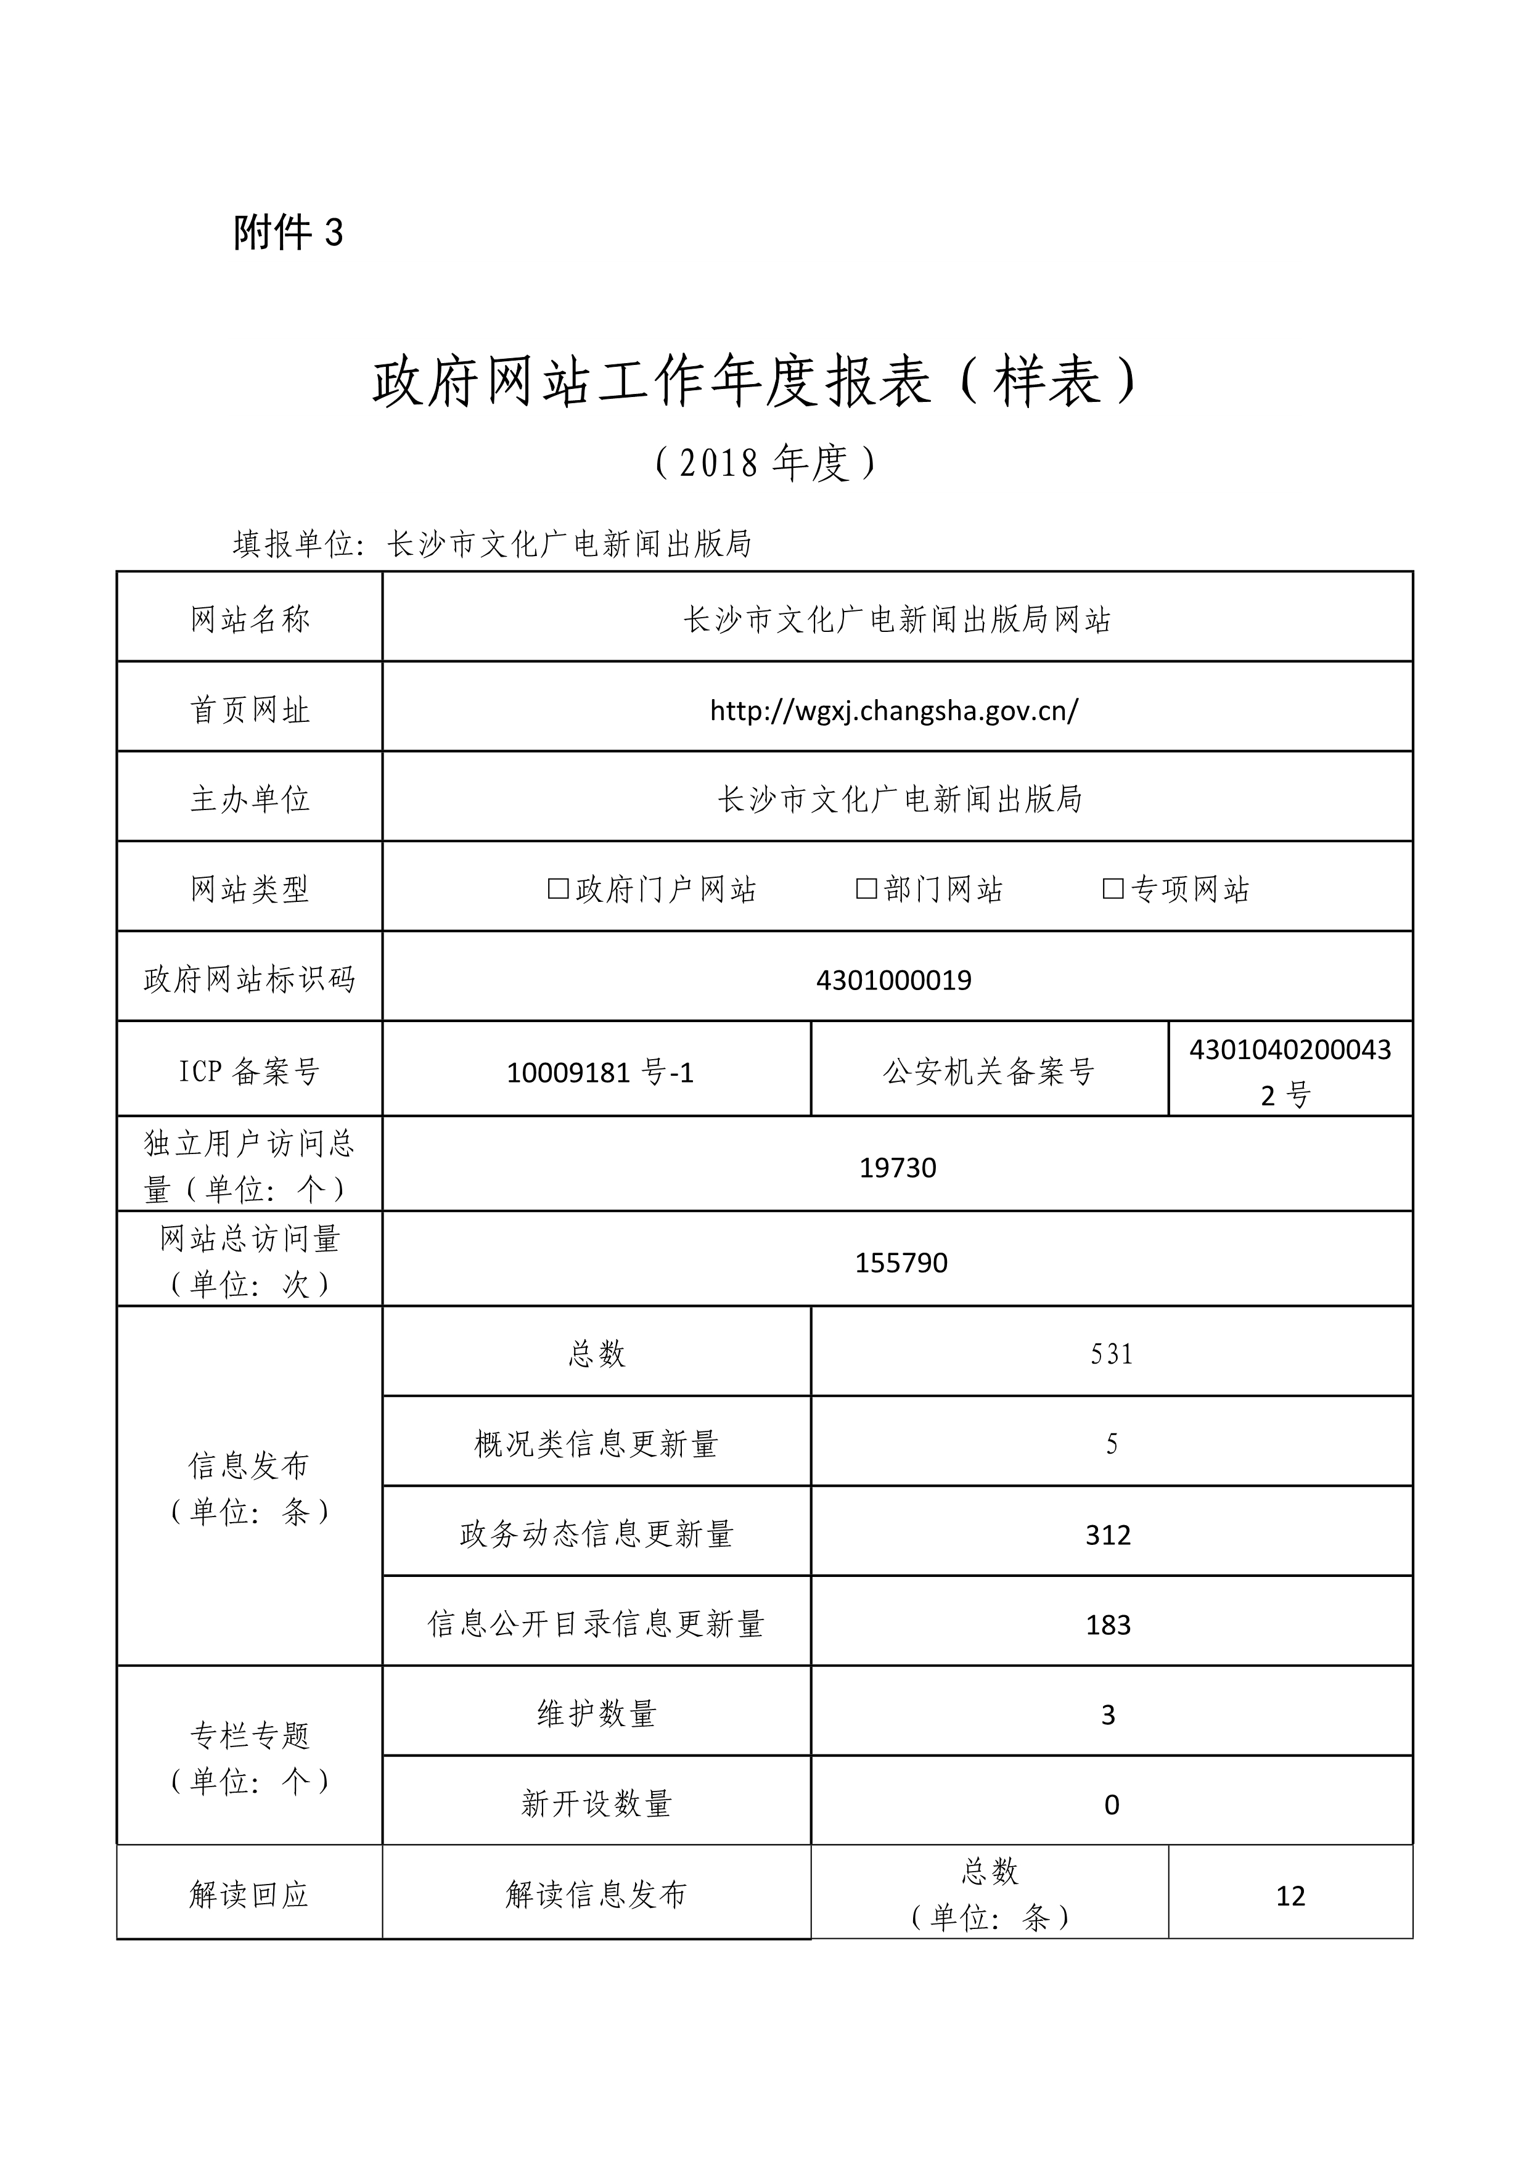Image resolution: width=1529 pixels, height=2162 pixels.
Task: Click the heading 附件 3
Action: click(x=288, y=232)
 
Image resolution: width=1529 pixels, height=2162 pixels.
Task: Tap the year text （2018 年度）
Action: click(x=764, y=462)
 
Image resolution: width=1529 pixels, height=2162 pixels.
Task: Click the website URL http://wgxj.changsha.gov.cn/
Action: click(x=893, y=710)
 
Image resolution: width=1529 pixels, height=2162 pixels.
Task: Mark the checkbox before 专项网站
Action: click(x=1113, y=888)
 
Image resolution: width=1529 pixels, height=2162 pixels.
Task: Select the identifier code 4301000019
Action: click(x=893, y=980)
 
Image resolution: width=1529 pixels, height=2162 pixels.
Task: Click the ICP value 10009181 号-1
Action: click(x=600, y=1071)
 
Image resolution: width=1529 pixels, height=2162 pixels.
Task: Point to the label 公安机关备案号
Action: click(x=988, y=1071)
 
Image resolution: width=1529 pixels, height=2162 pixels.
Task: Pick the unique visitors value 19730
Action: click(x=897, y=1168)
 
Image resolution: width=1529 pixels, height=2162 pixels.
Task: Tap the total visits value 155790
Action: click(x=901, y=1263)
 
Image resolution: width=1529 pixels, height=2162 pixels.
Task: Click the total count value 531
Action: click(x=1111, y=1354)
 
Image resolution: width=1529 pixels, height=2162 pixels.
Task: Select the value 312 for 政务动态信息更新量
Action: click(x=1108, y=1535)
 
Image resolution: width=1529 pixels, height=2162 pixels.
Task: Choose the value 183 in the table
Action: click(x=1108, y=1624)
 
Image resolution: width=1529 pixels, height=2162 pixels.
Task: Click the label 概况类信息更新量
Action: click(x=596, y=1444)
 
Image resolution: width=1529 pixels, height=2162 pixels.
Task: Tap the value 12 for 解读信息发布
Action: click(x=1290, y=1896)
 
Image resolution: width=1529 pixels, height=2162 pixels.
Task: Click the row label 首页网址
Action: click(x=250, y=710)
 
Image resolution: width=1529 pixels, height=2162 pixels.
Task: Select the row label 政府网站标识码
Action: click(x=250, y=980)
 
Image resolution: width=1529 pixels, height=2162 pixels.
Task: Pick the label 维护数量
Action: click(x=596, y=1714)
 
